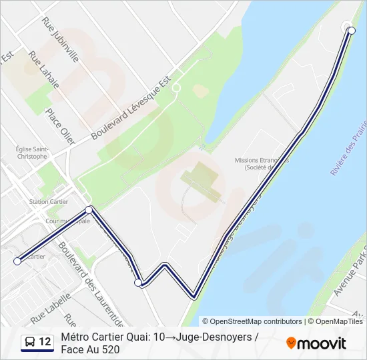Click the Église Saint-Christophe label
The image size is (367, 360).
(x=32, y=153)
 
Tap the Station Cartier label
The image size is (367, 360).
(x=49, y=201)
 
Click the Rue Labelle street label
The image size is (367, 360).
(x=50, y=305)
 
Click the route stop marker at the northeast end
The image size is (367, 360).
(x=352, y=30)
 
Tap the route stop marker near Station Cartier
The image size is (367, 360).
(x=89, y=210)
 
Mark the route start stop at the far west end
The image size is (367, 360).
(x=17, y=261)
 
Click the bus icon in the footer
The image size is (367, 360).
(x=30, y=343)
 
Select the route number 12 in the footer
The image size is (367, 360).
(x=45, y=343)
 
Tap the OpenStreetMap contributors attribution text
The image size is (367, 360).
(x=252, y=321)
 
